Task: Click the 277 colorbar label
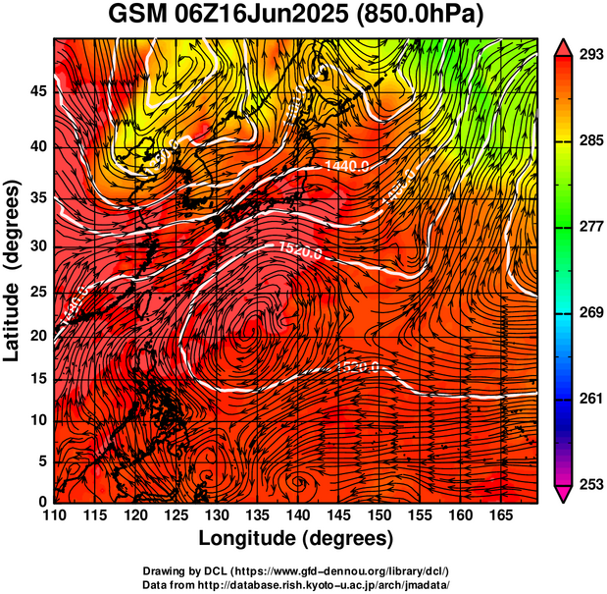[x=588, y=226]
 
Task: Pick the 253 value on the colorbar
[x=588, y=484]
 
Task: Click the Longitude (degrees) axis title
[x=296, y=538]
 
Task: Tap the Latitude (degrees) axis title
[x=14, y=270]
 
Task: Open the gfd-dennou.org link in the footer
[x=340, y=570]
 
